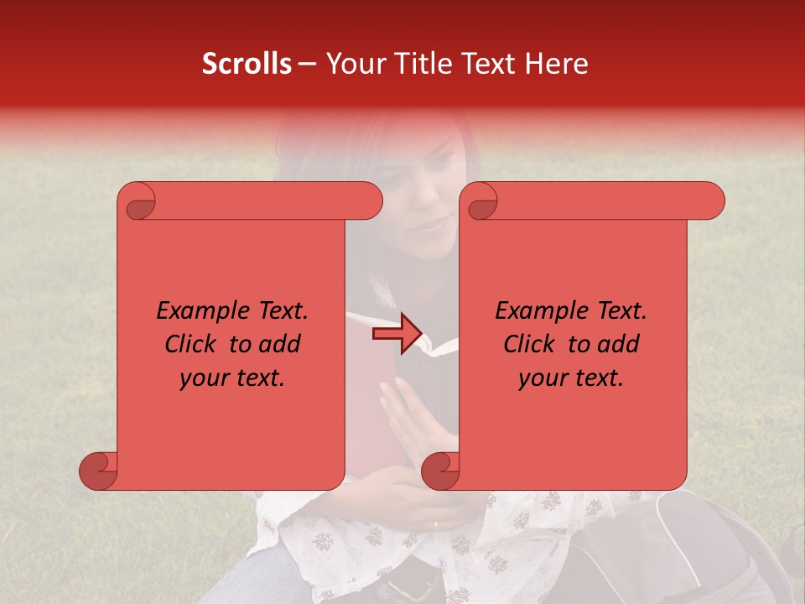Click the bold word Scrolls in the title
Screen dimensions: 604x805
click(x=247, y=64)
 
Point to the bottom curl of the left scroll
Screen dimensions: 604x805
click(x=99, y=471)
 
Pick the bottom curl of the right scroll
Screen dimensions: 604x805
click(x=441, y=471)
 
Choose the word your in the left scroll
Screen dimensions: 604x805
click(x=203, y=378)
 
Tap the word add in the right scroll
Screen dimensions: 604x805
click(x=617, y=344)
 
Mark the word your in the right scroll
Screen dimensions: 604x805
click(x=542, y=378)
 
